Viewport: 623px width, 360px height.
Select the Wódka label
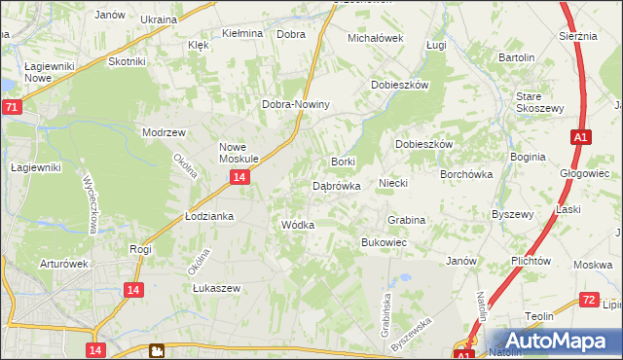pyautogui.click(x=297, y=225)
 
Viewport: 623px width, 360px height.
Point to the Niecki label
pyautogui.click(x=392, y=183)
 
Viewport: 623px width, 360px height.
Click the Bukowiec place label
pyautogui.click(x=384, y=241)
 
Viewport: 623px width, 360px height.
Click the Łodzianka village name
pyautogui.click(x=209, y=216)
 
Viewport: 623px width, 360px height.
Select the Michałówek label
pyautogui.click(x=376, y=38)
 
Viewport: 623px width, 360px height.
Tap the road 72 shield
pyautogui.click(x=588, y=300)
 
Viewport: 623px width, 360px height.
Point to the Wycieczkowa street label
pyautogui.click(x=93, y=205)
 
